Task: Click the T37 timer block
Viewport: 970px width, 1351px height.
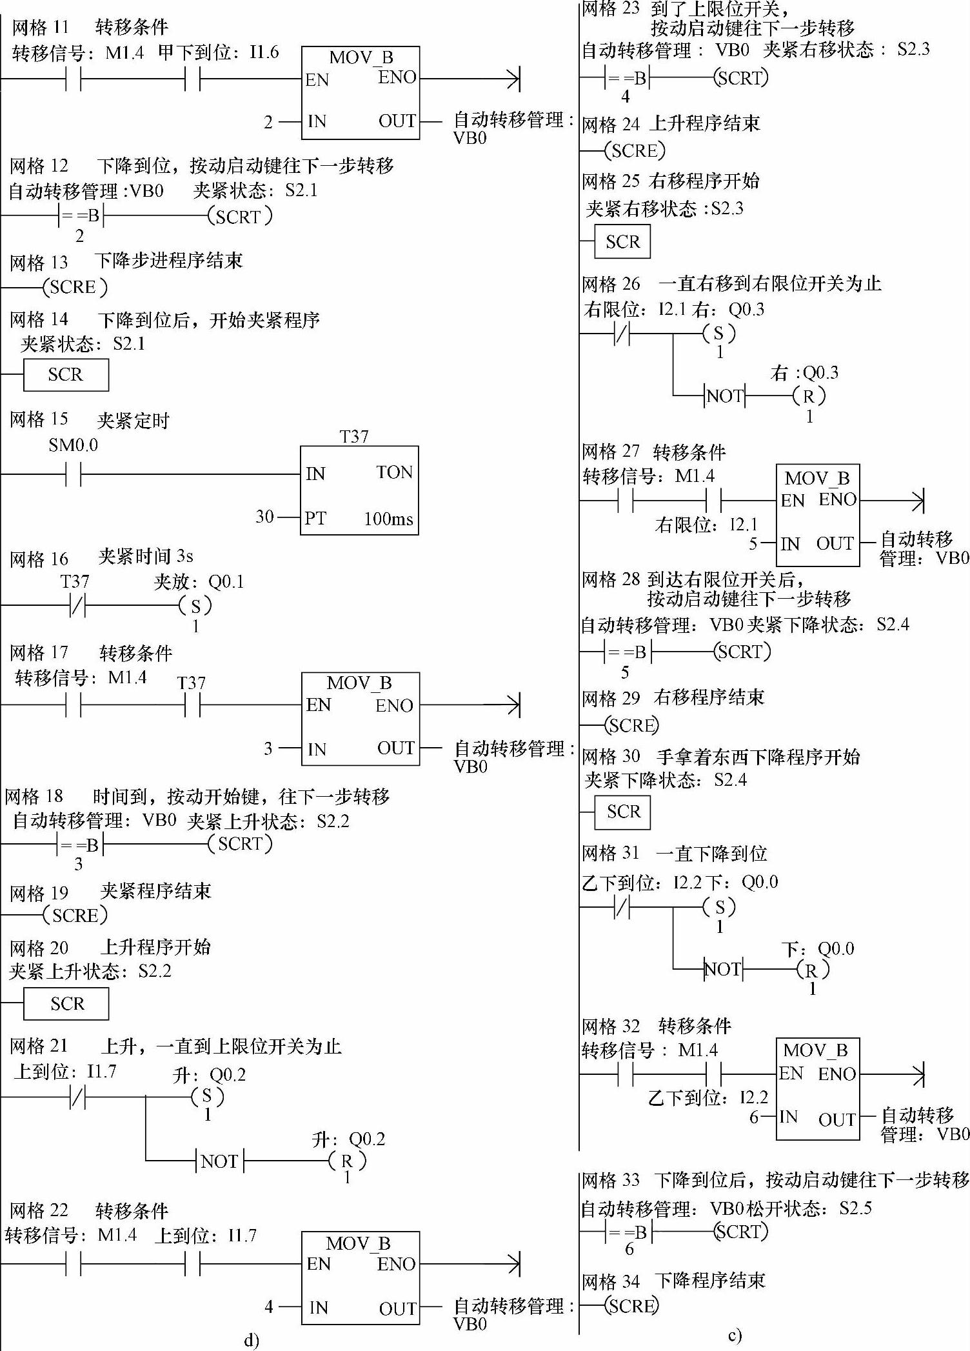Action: (359, 490)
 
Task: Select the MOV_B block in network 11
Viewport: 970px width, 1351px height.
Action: (361, 93)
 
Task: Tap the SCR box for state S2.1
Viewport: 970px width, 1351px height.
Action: (66, 375)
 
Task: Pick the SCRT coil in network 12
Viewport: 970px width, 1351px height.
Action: (239, 217)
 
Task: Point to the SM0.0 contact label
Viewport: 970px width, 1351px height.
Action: (73, 445)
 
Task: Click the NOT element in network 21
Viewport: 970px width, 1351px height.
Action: (220, 1161)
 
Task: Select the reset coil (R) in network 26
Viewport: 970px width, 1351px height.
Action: (809, 395)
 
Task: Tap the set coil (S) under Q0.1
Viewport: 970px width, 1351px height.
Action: (195, 606)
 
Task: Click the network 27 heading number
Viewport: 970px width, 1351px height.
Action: (631, 451)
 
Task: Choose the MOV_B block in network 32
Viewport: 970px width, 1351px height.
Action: (818, 1088)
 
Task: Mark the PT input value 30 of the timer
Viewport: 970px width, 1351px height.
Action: (264, 516)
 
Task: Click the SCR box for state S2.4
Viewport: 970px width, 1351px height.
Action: (622, 812)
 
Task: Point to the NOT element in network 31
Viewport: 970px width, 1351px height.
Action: (723, 969)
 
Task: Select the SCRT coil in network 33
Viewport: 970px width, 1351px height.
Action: (742, 1231)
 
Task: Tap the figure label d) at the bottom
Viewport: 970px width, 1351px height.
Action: (252, 1341)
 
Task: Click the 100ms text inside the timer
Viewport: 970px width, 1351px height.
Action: (388, 519)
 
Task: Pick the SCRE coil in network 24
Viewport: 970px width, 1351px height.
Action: (635, 151)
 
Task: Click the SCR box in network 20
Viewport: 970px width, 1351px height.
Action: (66, 1004)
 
